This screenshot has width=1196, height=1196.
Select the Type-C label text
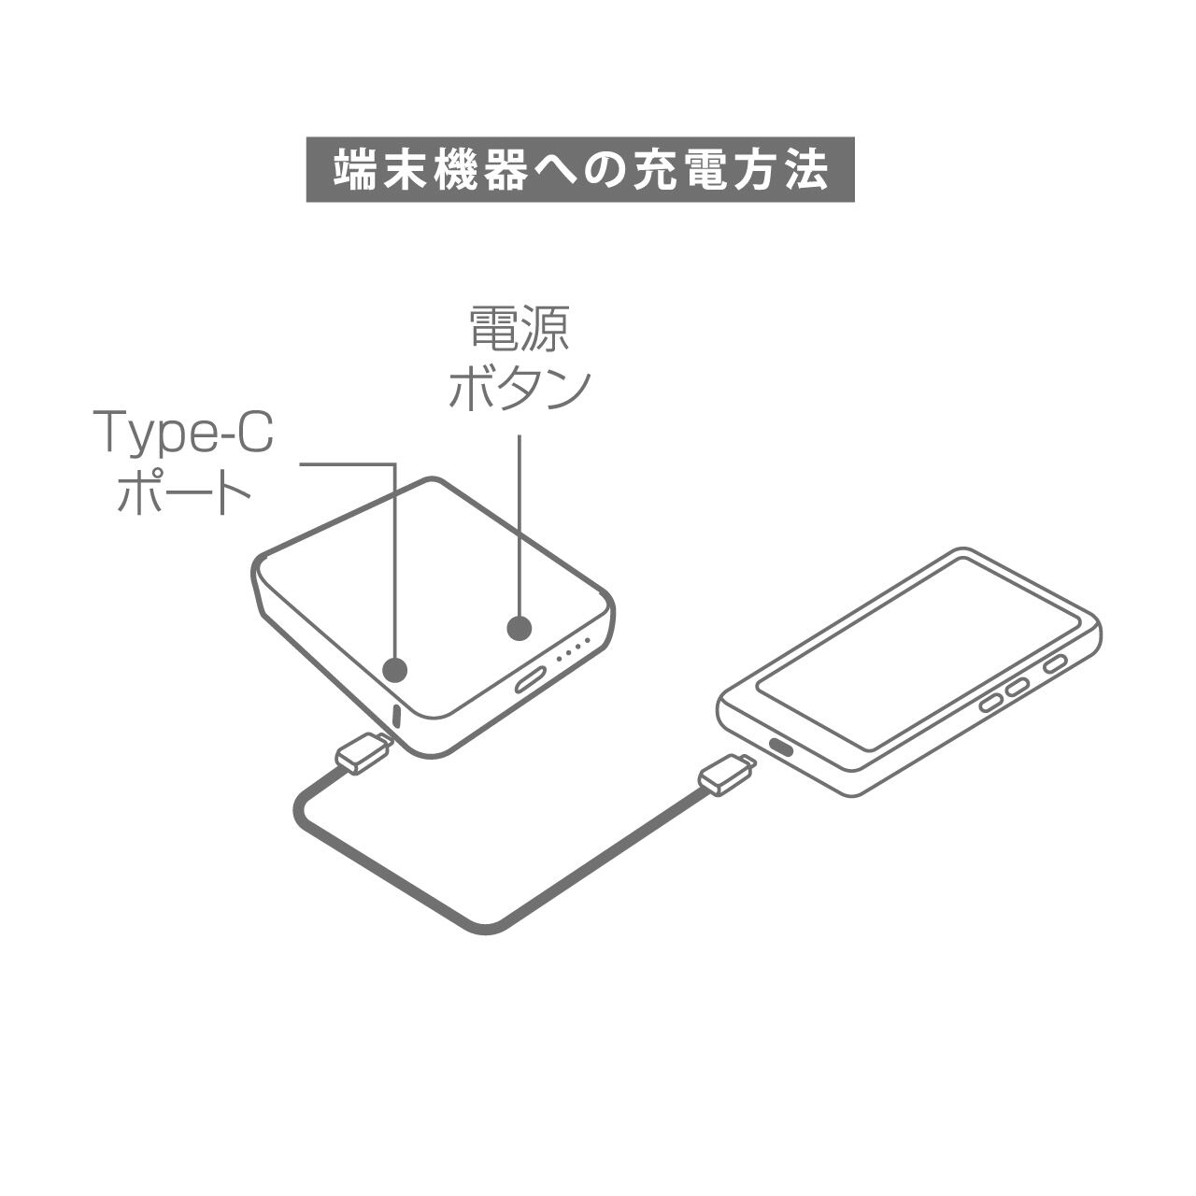[184, 433]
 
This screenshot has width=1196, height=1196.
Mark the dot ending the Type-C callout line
[396, 668]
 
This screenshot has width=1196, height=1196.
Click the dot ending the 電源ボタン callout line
[520, 628]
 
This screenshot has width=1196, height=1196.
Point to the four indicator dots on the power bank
[575, 650]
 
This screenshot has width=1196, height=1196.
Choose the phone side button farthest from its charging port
[1054, 664]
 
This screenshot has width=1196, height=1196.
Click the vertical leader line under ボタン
[520, 523]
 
